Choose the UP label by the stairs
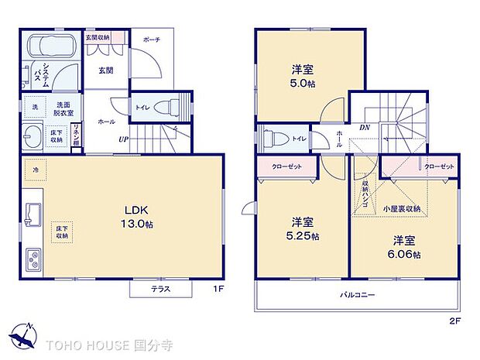123,140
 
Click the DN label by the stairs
365,128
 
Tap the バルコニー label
357,295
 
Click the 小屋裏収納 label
401,209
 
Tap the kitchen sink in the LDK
35,211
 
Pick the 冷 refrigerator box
36,169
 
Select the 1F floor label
218,290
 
